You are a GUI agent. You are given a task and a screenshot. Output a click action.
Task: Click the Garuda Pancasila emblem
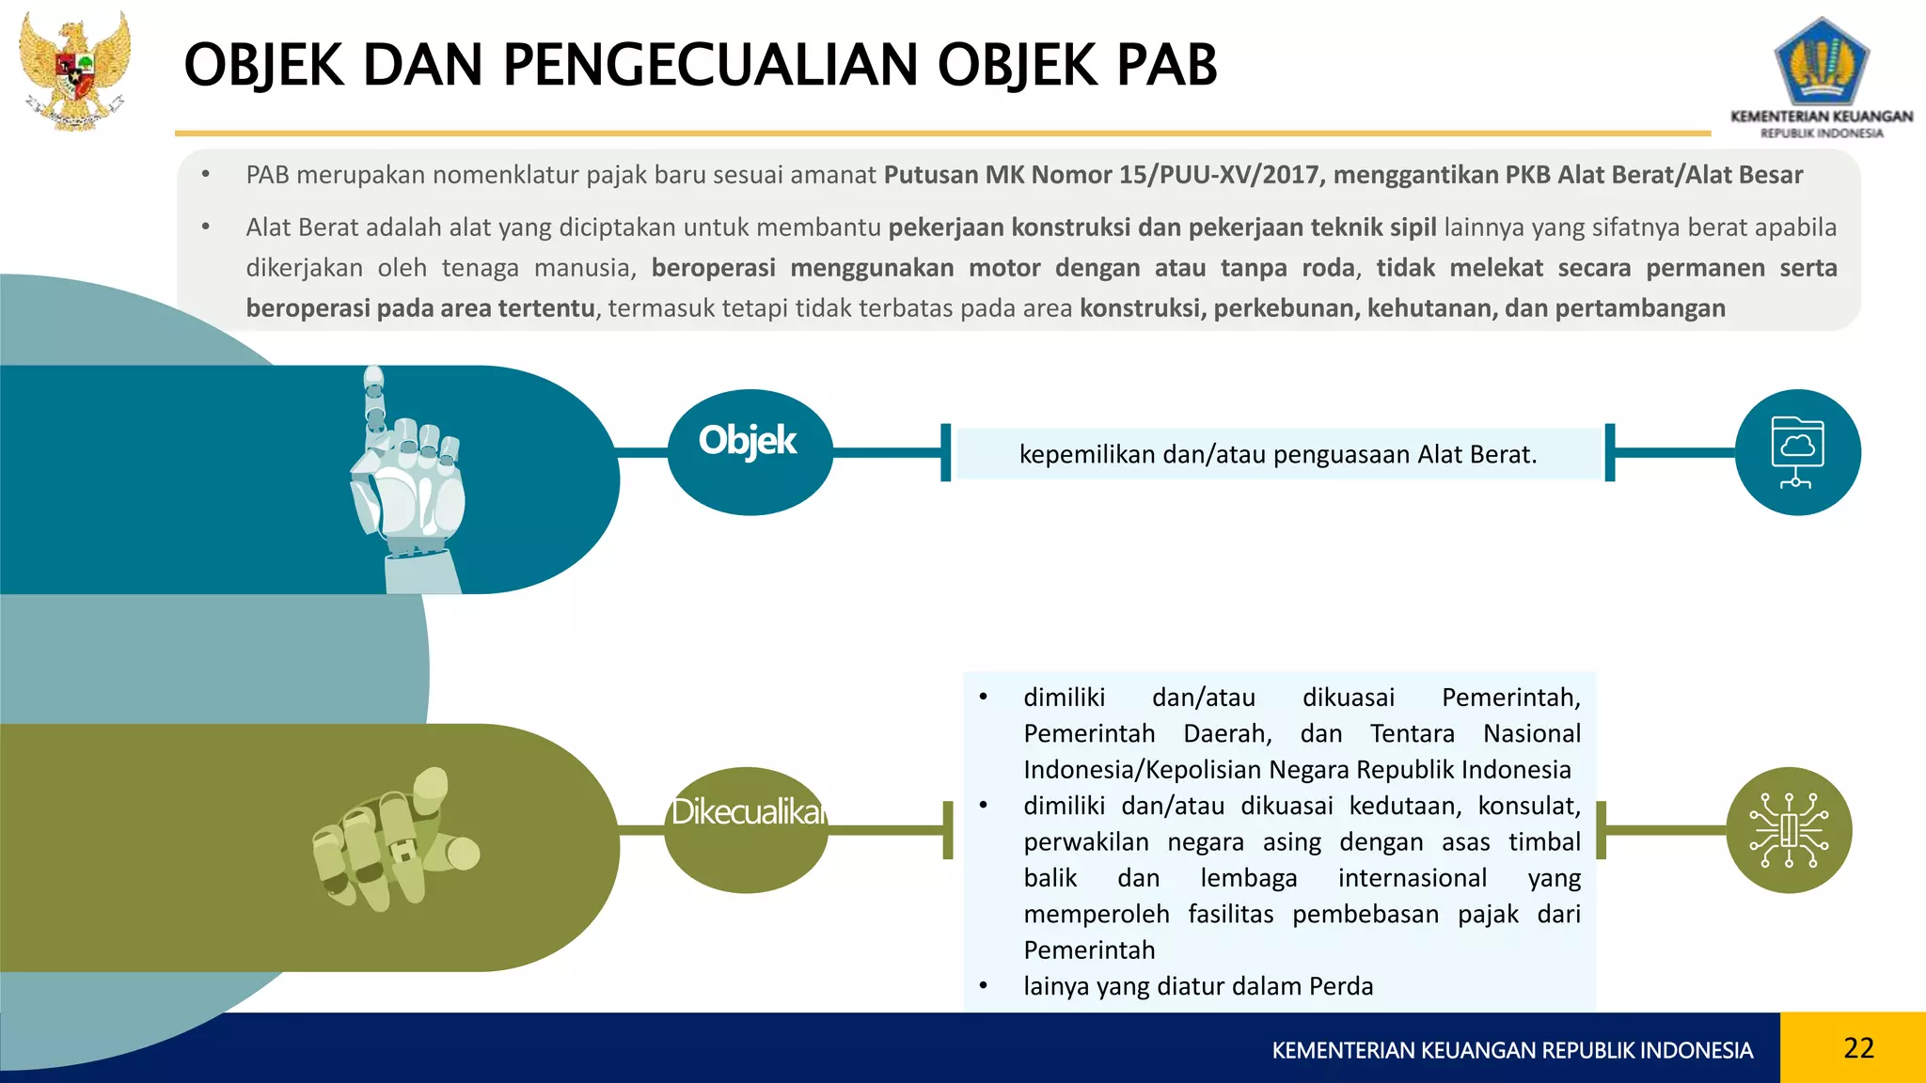(75, 71)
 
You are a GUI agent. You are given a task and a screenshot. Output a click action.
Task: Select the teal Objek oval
(750, 452)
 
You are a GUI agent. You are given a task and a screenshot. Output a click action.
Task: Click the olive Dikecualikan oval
(746, 830)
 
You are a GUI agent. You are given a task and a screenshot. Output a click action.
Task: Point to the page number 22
(1858, 1048)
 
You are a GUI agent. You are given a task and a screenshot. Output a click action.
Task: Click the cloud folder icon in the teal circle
(1797, 452)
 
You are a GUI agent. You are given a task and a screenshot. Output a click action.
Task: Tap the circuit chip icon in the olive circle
(1789, 830)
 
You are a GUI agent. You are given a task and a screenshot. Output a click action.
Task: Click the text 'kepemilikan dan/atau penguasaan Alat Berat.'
(1277, 455)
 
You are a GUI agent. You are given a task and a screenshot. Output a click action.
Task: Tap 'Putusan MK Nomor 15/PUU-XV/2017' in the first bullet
(1101, 176)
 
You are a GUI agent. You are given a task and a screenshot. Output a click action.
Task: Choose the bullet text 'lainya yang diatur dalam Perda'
(1198, 986)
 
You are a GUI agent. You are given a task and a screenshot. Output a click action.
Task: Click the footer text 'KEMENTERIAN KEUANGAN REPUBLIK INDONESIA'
(1512, 1050)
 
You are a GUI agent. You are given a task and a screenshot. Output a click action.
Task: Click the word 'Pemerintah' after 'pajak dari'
(1089, 950)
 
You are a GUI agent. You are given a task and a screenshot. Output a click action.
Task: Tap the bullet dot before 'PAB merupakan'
(205, 174)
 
